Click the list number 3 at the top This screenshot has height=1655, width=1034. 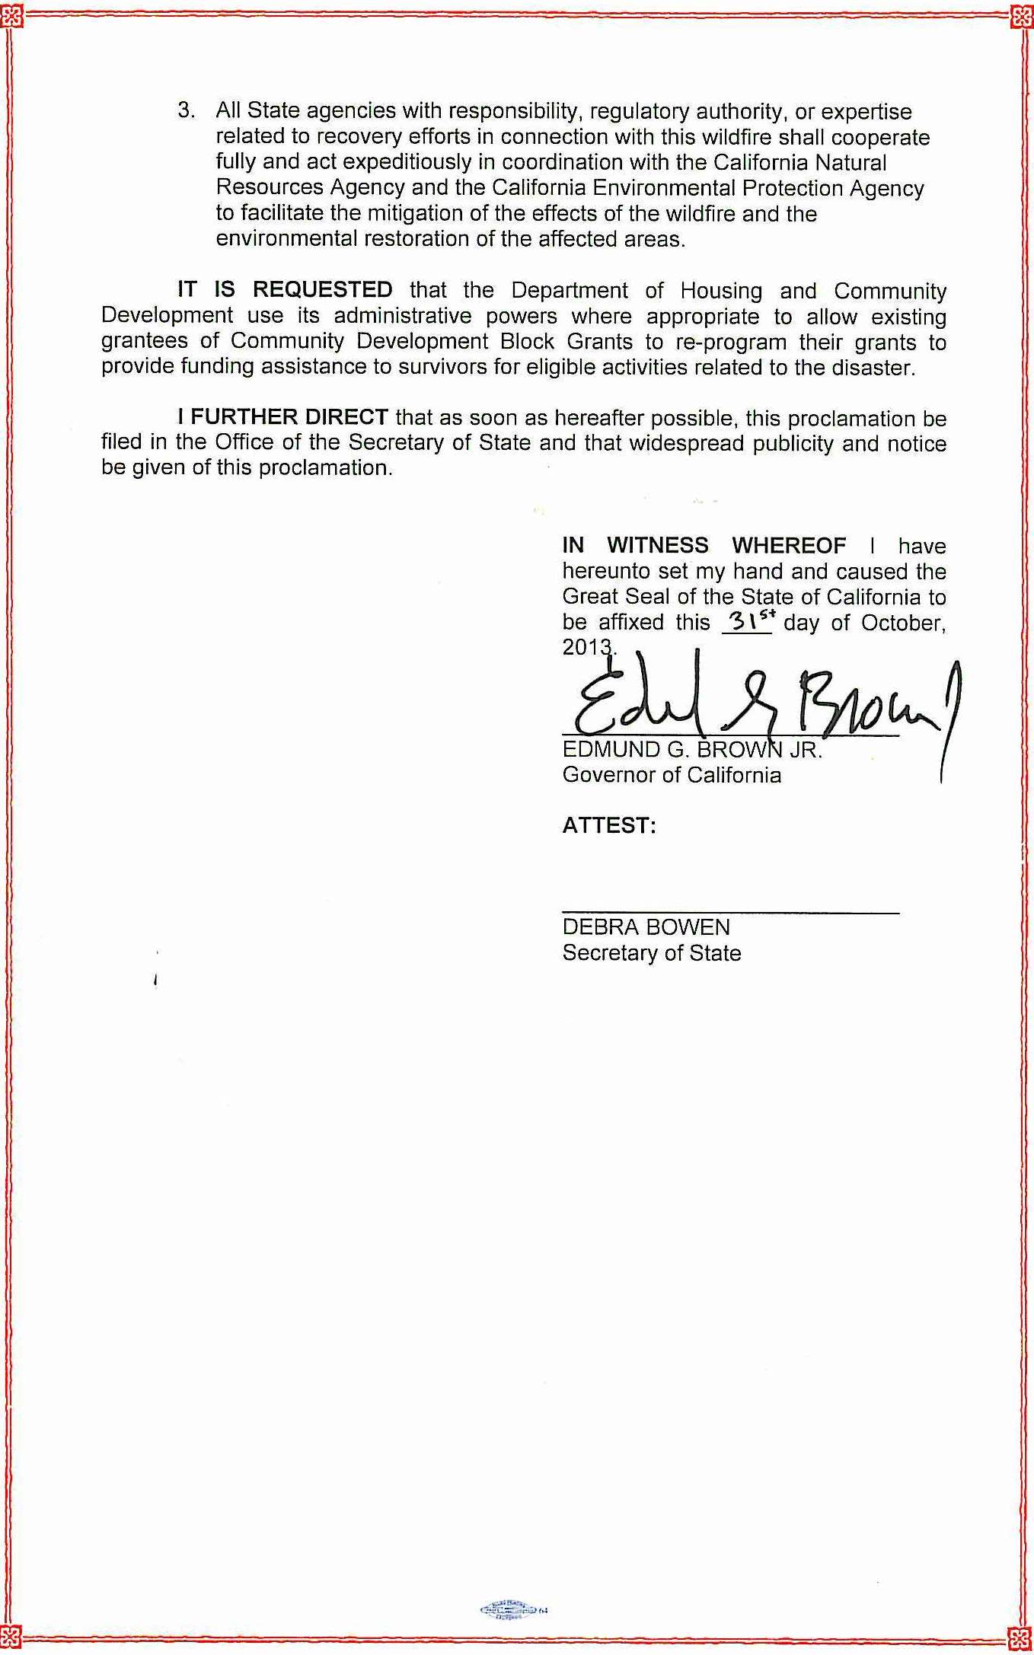[184, 111]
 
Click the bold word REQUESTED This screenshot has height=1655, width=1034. [322, 290]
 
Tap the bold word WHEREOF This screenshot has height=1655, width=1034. [788, 546]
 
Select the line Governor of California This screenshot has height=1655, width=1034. [672, 775]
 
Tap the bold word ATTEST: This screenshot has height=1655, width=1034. [609, 826]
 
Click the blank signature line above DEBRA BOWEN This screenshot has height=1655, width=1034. [730, 911]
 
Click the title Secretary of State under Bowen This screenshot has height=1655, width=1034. [652, 953]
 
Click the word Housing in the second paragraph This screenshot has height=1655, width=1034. [721, 291]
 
